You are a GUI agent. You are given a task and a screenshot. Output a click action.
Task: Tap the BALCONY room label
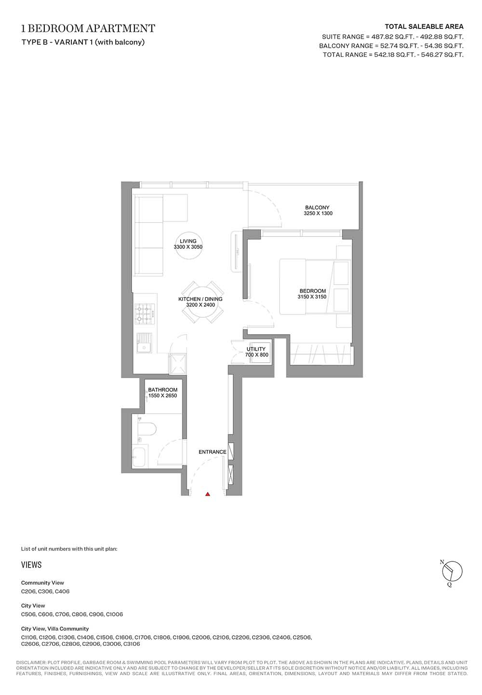[x=317, y=207]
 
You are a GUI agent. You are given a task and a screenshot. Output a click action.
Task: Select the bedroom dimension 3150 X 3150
[x=312, y=297]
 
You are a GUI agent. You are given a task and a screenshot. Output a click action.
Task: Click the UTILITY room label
[x=256, y=349]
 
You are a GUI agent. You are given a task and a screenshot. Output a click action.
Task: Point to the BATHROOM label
[x=162, y=390]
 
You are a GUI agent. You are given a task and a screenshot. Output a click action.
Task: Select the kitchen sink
[x=144, y=343]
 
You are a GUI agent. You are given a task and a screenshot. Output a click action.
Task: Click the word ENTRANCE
[x=213, y=452]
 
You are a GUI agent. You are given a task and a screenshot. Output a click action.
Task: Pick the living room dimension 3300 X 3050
[x=188, y=247]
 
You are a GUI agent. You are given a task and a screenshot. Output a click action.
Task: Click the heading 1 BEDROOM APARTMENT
[x=88, y=28]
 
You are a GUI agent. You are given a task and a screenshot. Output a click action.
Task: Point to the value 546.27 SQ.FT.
[x=442, y=55]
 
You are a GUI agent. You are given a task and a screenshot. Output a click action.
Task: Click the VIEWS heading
[x=31, y=565]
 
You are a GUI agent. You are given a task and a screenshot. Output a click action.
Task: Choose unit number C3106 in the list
[x=132, y=644]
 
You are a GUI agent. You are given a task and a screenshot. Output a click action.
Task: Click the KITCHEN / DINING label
[x=201, y=299]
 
